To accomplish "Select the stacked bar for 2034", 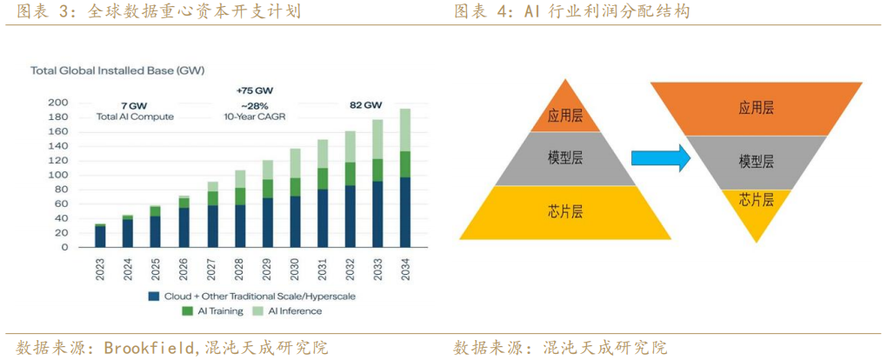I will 405,178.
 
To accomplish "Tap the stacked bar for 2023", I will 100,236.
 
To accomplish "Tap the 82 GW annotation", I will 366,105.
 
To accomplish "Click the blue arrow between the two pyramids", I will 659,158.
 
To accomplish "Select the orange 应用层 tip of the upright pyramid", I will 565,112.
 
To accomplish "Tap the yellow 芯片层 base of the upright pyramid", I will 565,210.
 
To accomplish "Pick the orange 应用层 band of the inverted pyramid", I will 756,108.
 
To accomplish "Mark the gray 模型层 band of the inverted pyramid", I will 756,162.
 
